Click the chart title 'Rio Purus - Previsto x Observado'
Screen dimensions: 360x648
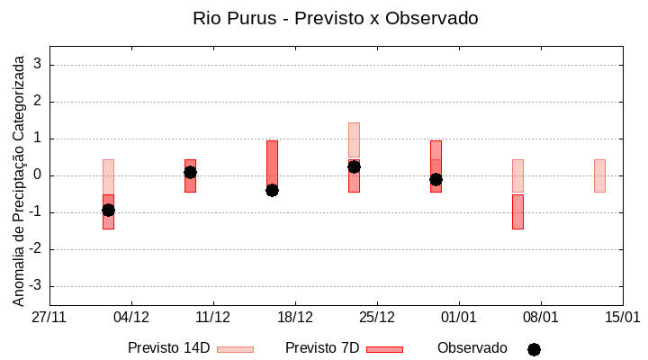point(335,18)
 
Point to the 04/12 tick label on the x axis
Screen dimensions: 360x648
point(131,317)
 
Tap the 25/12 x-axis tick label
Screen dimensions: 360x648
point(377,317)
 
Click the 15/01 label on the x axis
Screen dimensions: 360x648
point(622,317)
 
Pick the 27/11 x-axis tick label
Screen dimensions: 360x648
point(49,317)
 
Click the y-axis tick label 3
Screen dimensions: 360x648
point(38,65)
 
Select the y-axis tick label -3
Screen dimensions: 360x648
point(35,286)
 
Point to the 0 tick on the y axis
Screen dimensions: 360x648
point(38,175)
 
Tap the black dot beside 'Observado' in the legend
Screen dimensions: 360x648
point(534,349)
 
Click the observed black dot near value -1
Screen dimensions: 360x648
point(108,210)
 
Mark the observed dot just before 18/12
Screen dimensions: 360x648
point(272,190)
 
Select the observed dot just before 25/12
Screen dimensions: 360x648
point(354,166)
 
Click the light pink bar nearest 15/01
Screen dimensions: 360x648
point(599,175)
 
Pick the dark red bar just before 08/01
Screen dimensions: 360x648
point(517,211)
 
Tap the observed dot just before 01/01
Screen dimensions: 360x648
point(436,179)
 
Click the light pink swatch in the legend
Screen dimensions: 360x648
point(235,349)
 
